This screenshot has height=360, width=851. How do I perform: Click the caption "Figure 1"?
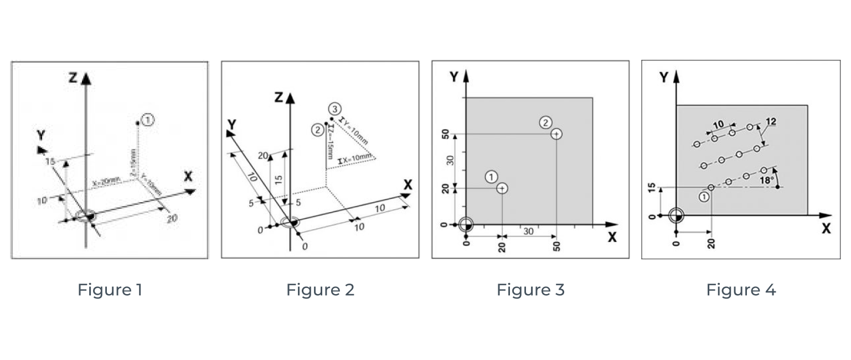click(x=110, y=290)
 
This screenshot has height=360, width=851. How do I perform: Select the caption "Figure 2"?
click(x=320, y=290)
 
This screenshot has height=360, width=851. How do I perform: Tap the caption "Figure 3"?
click(x=530, y=290)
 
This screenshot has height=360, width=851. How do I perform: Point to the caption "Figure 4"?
click(x=741, y=290)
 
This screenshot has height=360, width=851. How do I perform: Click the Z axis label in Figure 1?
click(x=73, y=78)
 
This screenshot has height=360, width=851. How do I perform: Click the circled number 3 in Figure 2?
click(x=333, y=107)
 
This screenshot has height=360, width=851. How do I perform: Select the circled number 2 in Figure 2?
click(x=317, y=130)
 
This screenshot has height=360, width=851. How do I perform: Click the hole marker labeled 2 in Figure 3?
click(x=556, y=133)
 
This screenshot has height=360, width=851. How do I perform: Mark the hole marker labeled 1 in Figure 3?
click(x=502, y=188)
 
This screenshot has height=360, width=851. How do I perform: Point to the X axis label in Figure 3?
click(x=612, y=238)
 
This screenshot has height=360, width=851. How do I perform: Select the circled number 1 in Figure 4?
click(x=704, y=196)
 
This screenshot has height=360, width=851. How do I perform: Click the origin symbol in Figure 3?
click(x=466, y=224)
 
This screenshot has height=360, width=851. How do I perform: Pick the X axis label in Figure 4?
click(x=826, y=228)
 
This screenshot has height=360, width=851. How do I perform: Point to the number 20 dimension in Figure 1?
click(x=172, y=218)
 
